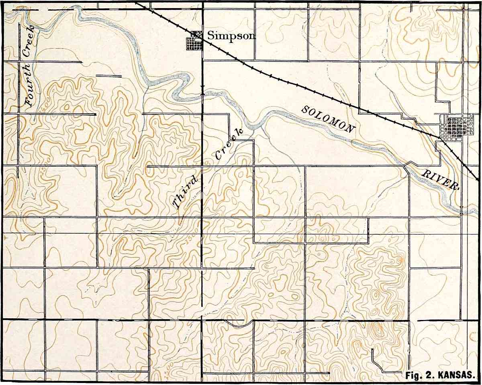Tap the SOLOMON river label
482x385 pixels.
pos(328,119)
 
